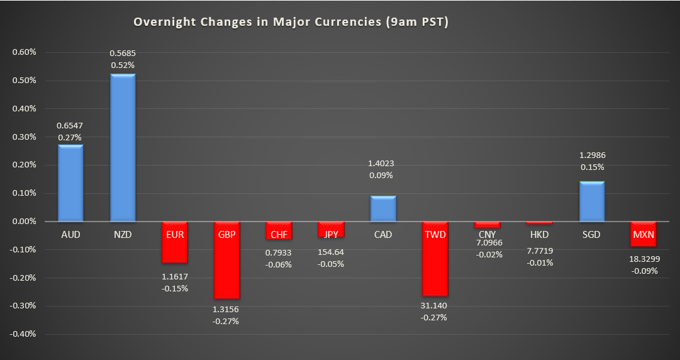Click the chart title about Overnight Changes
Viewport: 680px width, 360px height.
pos(291,22)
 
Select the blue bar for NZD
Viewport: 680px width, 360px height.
pos(123,148)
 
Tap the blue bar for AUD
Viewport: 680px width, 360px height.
pos(70,183)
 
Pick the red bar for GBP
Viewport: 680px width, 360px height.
pos(226,260)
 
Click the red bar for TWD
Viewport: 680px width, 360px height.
pos(435,259)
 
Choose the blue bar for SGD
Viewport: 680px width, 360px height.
pos(591,201)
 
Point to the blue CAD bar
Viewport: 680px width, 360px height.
pos(382,209)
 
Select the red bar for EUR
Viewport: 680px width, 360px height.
pos(174,242)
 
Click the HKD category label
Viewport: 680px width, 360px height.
pos(539,235)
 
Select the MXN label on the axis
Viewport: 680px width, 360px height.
pos(643,235)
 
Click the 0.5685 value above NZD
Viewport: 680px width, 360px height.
pos(123,53)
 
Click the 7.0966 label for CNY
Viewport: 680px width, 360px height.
pos(487,244)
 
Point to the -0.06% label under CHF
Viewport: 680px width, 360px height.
pos(278,264)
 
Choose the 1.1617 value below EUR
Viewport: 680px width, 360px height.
pos(174,277)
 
